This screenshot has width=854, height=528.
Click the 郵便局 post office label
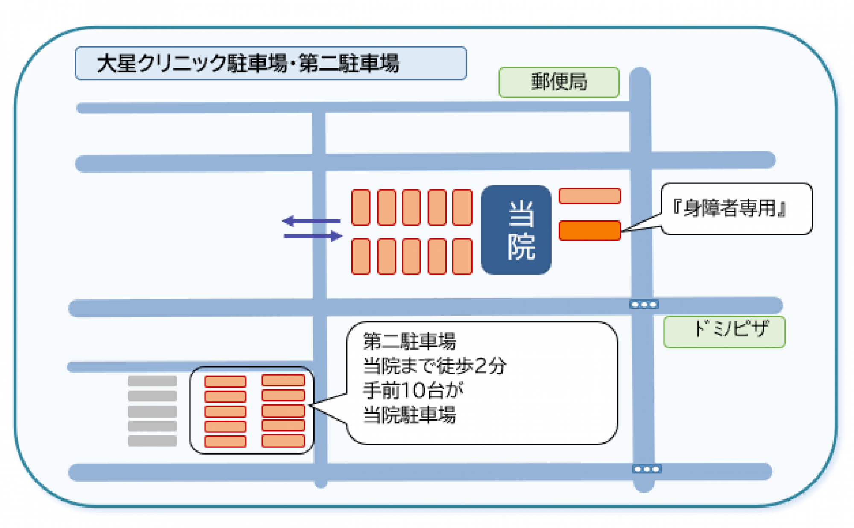(559, 82)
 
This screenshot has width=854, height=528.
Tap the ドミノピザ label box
(724, 331)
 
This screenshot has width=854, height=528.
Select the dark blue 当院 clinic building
(516, 229)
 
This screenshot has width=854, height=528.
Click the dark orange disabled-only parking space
(589, 230)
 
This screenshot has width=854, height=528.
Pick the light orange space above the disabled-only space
(589, 196)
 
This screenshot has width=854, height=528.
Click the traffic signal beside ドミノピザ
(644, 304)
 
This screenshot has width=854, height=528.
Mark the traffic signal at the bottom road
(646, 469)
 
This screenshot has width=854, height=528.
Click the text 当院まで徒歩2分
(435, 366)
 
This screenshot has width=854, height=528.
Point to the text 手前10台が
(413, 390)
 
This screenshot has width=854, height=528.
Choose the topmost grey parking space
(152, 381)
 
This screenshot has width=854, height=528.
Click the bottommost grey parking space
(152, 441)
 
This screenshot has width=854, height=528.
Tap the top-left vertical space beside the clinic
(361, 207)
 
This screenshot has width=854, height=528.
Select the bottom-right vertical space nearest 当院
(462, 256)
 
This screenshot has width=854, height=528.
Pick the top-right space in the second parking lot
(283, 380)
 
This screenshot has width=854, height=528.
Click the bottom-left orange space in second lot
(225, 441)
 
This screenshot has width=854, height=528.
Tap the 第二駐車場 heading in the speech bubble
(409, 341)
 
